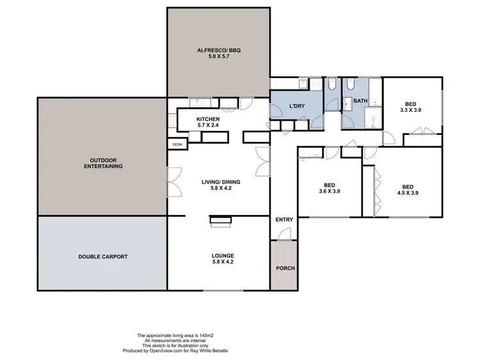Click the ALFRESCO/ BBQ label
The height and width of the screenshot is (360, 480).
(x=218, y=50)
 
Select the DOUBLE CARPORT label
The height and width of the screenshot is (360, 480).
(x=103, y=256)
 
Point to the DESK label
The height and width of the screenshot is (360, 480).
(x=177, y=145)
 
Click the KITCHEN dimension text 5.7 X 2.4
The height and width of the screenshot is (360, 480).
(x=209, y=125)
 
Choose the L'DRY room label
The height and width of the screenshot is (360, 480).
(x=296, y=106)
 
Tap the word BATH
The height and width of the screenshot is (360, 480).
(x=360, y=100)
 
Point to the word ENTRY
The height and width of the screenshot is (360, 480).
(x=284, y=220)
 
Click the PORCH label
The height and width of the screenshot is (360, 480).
(x=285, y=268)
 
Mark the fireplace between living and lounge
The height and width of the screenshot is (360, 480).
(x=221, y=221)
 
